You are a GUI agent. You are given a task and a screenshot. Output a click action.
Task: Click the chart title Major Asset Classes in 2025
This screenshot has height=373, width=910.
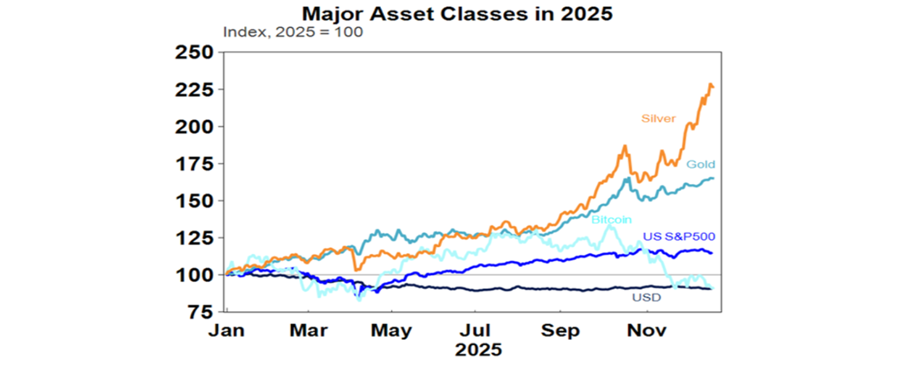[x=457, y=14]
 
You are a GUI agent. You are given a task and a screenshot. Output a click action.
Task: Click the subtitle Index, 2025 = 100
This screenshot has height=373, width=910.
[x=293, y=33]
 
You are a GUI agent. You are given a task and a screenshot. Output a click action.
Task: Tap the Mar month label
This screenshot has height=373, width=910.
[x=309, y=330]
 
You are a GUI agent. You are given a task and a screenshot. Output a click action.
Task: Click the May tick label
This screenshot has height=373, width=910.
[x=391, y=330]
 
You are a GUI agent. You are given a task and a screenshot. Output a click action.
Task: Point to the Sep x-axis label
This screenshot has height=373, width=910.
[x=560, y=330]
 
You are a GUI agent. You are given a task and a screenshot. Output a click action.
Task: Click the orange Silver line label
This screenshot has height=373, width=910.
[x=658, y=118]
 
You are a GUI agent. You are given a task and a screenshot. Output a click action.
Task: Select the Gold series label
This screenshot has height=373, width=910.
[x=701, y=164]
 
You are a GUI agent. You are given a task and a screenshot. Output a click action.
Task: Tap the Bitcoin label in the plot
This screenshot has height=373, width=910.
[x=611, y=220]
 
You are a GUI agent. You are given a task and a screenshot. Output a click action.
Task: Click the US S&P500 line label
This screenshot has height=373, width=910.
[x=679, y=237]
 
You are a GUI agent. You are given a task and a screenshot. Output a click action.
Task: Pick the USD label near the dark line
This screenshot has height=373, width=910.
[x=647, y=297]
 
